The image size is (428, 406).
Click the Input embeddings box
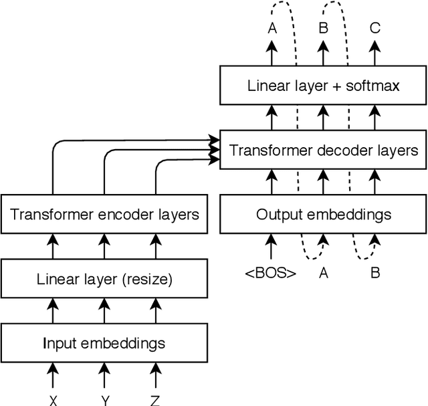point(104,343)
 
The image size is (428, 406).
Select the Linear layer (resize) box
point(104,279)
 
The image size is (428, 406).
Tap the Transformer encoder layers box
point(104,215)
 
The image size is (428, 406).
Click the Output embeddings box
point(324,215)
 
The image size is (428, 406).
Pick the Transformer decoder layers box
point(324,150)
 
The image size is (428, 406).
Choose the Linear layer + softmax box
point(324,86)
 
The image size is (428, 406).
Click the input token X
point(53,400)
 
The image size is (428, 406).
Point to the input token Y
point(104,400)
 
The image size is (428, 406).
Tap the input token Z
point(155,400)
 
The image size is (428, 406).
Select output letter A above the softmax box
point(272,28)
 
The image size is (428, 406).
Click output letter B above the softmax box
point(324,28)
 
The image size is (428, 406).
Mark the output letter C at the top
point(375,28)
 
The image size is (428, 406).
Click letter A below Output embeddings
point(324,273)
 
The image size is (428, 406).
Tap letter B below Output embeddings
point(375,273)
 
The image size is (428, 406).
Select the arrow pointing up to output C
point(375,54)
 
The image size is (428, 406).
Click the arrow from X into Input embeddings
point(53,375)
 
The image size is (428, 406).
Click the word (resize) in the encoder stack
point(148,279)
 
